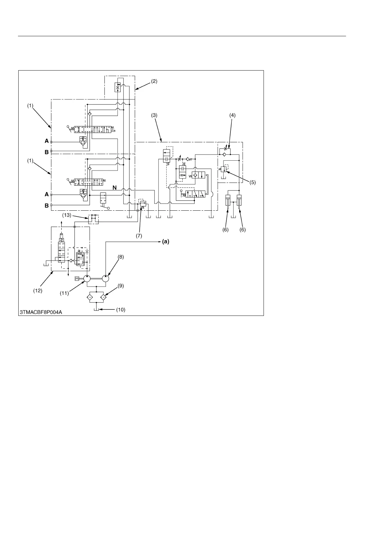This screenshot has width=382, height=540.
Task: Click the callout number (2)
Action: click(x=154, y=81)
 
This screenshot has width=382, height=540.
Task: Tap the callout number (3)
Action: click(x=154, y=115)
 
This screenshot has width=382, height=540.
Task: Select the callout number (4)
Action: click(x=232, y=115)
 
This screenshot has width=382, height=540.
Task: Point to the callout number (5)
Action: click(x=253, y=182)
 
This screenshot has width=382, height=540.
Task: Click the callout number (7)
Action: click(x=139, y=236)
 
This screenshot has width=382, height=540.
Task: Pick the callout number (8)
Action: click(x=120, y=257)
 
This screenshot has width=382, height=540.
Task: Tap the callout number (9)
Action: click(x=120, y=285)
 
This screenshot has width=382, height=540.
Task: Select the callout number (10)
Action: click(x=120, y=310)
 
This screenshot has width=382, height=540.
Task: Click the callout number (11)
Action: click(x=65, y=293)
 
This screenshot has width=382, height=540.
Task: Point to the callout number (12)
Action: click(x=38, y=291)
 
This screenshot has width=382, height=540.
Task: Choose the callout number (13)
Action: click(x=66, y=215)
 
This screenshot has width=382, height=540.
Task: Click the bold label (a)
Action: click(x=165, y=242)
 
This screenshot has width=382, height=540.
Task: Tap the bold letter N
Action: click(x=114, y=188)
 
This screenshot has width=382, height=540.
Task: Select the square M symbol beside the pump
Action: click(x=77, y=278)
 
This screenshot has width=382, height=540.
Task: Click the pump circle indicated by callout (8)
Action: click(x=106, y=278)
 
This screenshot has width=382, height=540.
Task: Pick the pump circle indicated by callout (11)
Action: click(x=87, y=278)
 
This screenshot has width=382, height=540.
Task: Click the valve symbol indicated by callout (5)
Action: click(x=223, y=169)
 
